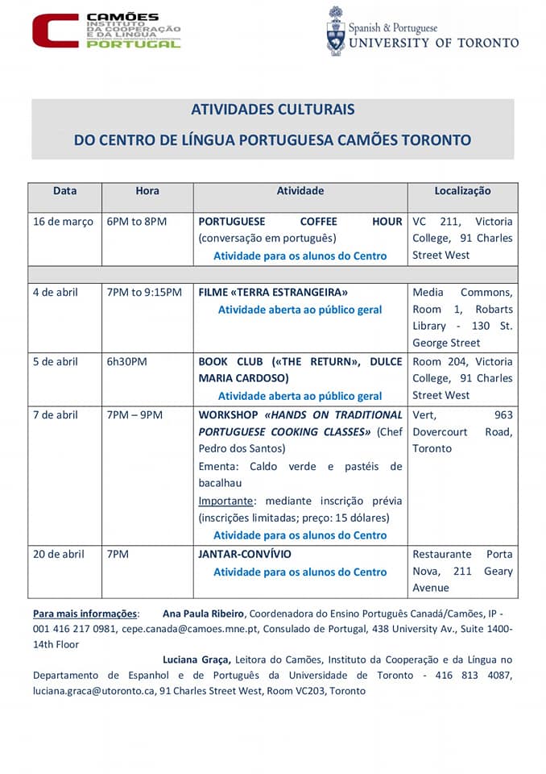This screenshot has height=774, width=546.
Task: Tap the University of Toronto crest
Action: (335, 31)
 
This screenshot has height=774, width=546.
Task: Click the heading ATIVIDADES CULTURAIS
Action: (272, 110)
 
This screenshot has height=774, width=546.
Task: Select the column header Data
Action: (65, 191)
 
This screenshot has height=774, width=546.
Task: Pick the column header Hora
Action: (147, 191)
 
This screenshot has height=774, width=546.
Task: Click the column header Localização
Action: (462, 191)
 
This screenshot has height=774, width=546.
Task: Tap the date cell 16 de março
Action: (64, 221)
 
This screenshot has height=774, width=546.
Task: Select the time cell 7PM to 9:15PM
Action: (144, 292)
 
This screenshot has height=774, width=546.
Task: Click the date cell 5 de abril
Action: (56, 361)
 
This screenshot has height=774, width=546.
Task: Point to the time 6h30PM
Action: (126, 361)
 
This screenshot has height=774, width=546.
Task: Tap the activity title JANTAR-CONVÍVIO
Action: (245, 554)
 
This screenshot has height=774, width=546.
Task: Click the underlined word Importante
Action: (225, 501)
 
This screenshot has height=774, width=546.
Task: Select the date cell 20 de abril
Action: (59, 554)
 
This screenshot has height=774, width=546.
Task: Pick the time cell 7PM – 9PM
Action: (134, 414)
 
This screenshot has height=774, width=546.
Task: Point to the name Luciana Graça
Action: (198, 660)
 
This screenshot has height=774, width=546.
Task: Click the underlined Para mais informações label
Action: (85, 613)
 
